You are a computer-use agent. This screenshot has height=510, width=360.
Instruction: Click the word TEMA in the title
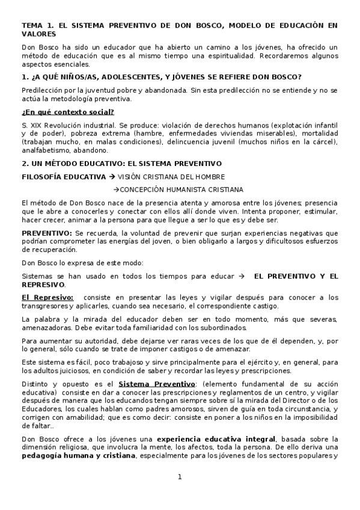coord(32,25)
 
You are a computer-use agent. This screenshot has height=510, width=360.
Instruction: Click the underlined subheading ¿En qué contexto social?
coord(68,112)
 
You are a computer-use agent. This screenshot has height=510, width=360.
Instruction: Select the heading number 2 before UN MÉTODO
coord(25,164)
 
